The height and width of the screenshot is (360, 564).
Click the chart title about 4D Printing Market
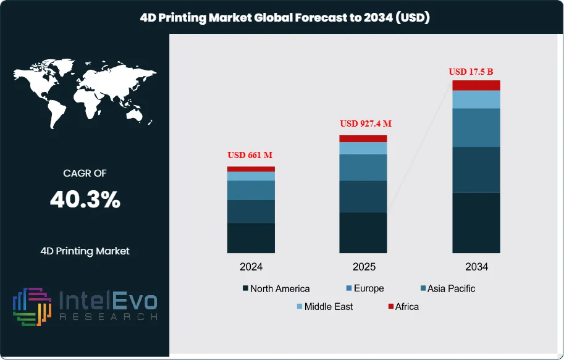click(x=282, y=18)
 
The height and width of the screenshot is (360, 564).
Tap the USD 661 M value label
click(x=251, y=155)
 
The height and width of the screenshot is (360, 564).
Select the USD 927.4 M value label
click(x=366, y=123)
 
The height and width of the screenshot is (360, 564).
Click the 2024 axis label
click(x=251, y=267)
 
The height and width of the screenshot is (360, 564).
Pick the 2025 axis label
click(x=364, y=267)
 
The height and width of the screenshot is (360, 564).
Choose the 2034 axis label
click(x=476, y=267)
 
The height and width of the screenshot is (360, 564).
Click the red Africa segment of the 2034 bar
click(x=476, y=85)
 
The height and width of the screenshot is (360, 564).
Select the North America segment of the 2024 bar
click(x=251, y=238)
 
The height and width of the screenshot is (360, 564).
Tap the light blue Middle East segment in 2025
click(x=363, y=148)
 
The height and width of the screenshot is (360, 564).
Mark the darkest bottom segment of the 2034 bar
click(x=476, y=222)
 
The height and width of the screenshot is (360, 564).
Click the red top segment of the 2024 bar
click(x=251, y=169)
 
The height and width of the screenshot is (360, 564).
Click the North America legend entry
click(x=276, y=288)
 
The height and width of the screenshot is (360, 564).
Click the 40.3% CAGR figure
click(x=85, y=200)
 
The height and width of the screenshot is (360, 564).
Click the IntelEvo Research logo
click(x=85, y=306)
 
